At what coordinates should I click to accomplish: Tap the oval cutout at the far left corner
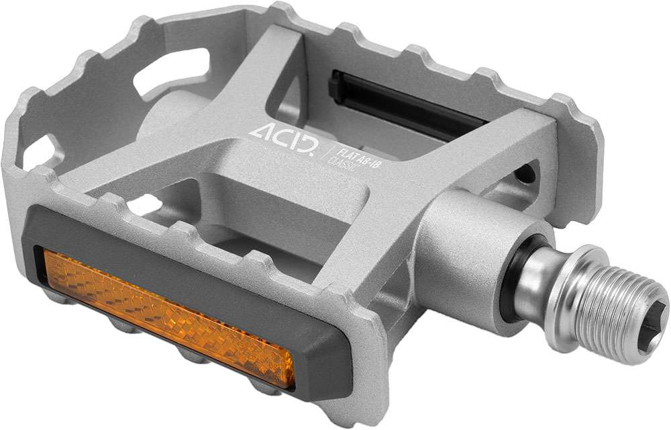(x=40, y=152)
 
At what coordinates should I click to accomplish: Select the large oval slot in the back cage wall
(x=170, y=71)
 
